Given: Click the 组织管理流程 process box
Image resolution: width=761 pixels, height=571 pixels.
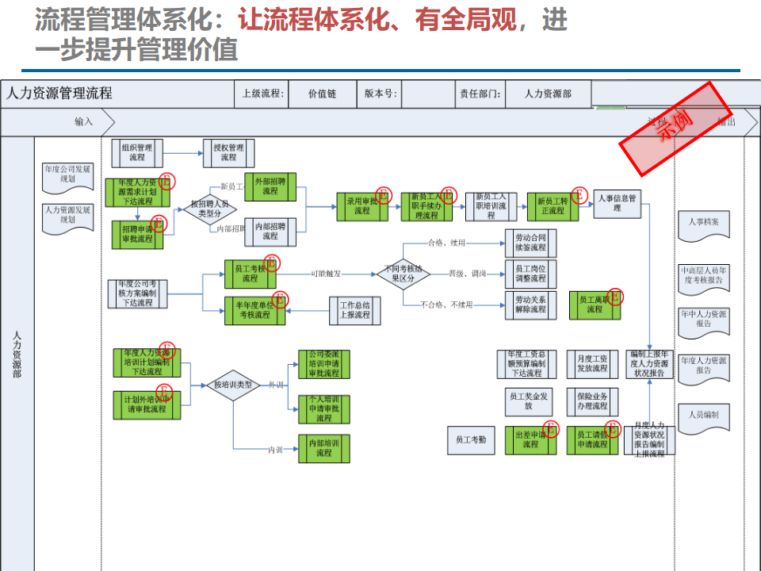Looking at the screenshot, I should [137, 152].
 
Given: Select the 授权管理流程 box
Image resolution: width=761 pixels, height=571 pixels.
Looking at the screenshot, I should [228, 152].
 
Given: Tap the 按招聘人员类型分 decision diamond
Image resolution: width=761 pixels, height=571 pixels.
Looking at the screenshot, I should [206, 209].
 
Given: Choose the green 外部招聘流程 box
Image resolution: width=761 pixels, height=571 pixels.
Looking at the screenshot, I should [270, 186].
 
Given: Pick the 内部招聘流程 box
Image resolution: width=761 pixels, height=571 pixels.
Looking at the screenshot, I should [270, 231].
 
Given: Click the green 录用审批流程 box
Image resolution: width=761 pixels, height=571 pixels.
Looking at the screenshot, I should [361, 206].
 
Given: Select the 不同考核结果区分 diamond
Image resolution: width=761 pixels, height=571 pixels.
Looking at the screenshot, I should [403, 274].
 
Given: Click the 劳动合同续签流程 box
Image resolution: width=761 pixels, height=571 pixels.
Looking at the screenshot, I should [530, 243].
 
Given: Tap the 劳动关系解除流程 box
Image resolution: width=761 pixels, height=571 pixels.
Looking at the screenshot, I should [530, 305].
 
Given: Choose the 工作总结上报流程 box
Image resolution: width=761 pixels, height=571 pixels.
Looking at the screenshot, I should [354, 310].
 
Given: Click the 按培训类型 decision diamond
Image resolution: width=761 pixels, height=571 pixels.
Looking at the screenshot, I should [233, 385].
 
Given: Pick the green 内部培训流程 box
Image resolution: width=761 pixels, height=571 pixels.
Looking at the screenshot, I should [323, 448].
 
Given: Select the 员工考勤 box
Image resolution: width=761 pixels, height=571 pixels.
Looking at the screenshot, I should [471, 439].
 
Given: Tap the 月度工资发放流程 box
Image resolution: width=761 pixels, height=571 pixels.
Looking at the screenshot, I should [592, 364].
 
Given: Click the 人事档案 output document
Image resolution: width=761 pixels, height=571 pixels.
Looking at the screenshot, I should [703, 224].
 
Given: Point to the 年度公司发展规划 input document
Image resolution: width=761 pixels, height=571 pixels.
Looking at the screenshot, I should [67, 174].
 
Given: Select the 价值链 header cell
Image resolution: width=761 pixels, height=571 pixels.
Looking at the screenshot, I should [322, 94].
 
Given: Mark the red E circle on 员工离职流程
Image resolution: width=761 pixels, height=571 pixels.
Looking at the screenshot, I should [615, 297].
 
